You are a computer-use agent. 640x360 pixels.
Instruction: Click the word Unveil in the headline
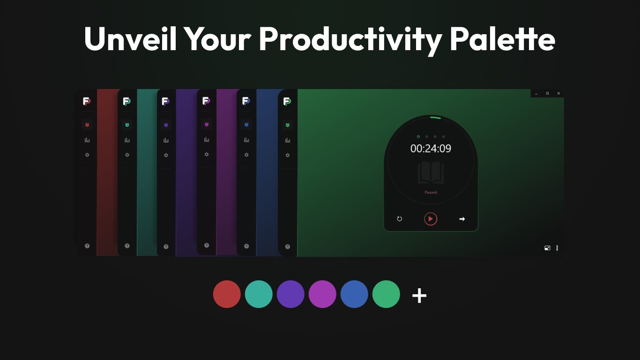click(130, 39)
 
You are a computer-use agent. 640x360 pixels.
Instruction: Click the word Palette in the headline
click(502, 39)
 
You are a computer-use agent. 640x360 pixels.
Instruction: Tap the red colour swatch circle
click(227, 294)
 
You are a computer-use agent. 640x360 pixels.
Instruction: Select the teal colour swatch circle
click(259, 294)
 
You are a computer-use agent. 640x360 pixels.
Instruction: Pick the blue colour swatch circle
click(354, 294)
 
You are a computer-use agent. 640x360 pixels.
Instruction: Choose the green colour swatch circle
click(386, 294)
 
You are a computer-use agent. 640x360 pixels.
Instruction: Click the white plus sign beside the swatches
click(419, 296)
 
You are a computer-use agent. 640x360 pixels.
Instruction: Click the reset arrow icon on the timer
click(400, 219)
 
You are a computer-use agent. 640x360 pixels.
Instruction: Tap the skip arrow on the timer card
click(462, 219)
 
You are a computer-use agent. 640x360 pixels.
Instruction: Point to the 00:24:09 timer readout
click(431, 149)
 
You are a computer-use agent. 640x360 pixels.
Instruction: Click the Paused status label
click(431, 192)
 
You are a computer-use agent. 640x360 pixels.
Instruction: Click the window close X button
click(558, 93)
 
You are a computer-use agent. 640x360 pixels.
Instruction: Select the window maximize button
click(547, 93)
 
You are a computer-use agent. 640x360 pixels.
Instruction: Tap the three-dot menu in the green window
click(557, 248)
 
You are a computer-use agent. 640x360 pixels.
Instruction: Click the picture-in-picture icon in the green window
click(547, 248)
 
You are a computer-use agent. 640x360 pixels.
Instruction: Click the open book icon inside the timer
click(431, 173)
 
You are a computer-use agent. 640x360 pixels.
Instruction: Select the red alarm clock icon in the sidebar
click(87, 125)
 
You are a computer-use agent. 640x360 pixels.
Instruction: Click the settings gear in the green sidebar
click(288, 155)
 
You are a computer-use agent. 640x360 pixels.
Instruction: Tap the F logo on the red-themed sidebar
click(87, 101)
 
